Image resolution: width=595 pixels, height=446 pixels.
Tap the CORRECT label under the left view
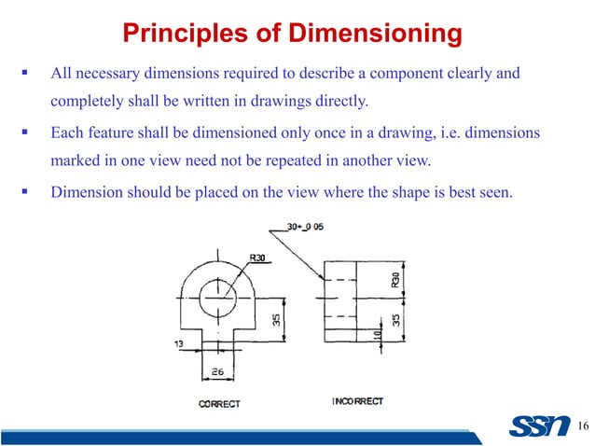[219, 403]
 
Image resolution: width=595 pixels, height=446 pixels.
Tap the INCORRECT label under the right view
[357, 401]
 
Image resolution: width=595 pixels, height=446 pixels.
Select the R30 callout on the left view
[258, 258]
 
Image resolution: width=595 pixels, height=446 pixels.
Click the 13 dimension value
[179, 344]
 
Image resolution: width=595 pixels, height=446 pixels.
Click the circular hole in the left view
[218, 300]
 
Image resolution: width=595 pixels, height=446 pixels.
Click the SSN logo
[538, 426]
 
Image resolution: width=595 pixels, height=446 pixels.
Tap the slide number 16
[583, 427]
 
